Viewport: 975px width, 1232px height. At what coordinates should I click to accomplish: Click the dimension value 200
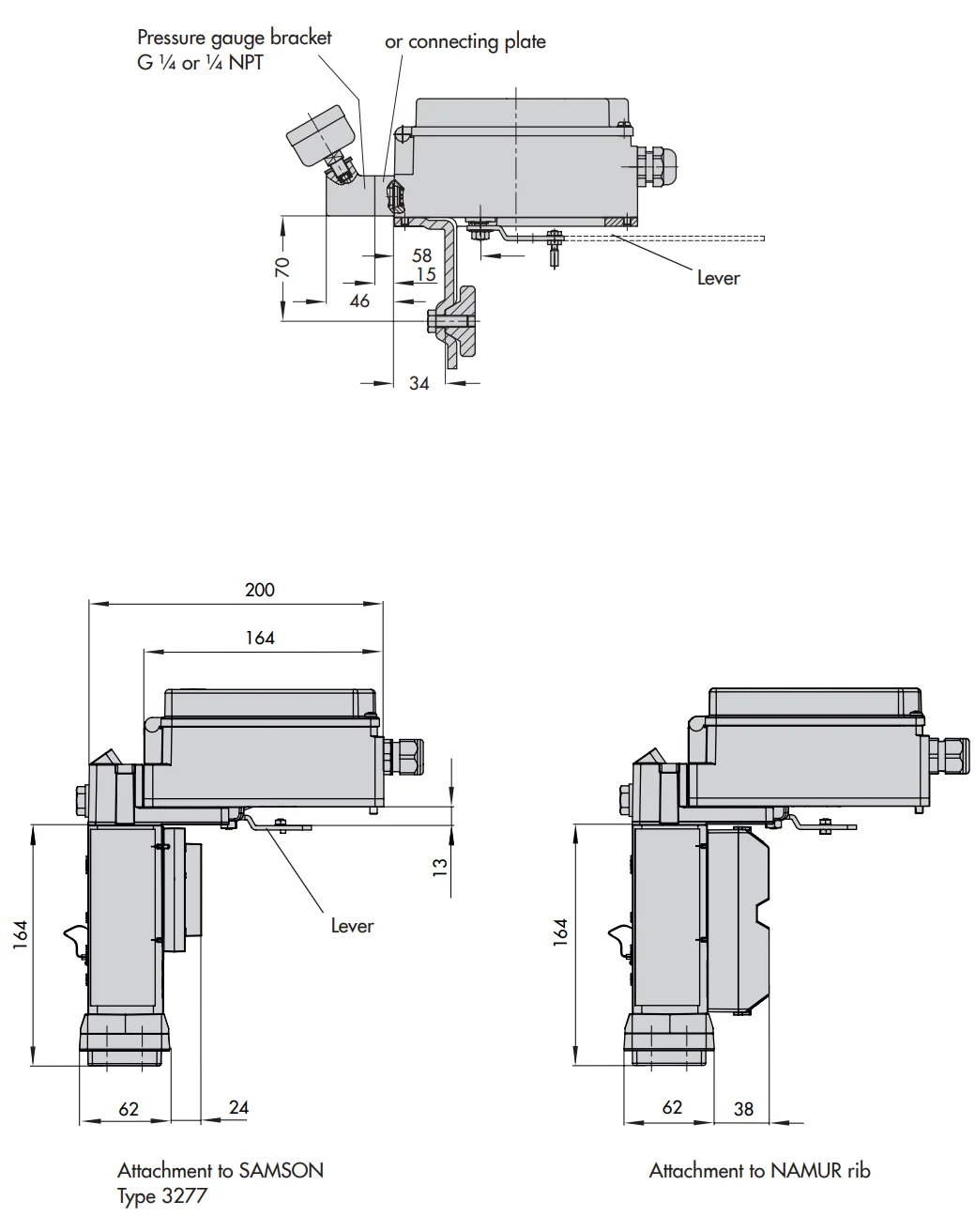pos(260,590)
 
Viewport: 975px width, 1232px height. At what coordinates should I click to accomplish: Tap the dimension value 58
pos(421,255)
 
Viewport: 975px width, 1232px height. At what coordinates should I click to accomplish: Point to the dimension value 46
pos(359,301)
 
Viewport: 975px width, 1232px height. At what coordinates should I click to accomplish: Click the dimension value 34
pos(419,383)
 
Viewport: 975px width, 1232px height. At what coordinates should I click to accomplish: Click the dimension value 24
pos(239,1107)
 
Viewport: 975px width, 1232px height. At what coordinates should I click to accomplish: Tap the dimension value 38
pos(743,1109)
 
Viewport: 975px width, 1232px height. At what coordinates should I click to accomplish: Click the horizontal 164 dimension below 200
pos(260,638)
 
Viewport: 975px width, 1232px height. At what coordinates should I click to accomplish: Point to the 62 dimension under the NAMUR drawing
pos(672,1108)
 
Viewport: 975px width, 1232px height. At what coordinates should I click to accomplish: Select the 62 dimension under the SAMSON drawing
pos(129,1109)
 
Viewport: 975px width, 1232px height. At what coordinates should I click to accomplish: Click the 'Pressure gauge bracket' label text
pos(234,38)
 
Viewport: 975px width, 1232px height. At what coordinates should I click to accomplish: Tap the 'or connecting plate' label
pos(465,42)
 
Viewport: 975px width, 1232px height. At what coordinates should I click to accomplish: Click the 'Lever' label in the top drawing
pos(718,278)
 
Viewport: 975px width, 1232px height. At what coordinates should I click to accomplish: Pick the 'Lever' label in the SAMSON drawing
pos(352,926)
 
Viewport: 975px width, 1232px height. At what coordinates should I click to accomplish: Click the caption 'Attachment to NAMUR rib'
pos(759,1170)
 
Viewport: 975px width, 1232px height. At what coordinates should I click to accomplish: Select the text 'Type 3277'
pos(161,1195)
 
